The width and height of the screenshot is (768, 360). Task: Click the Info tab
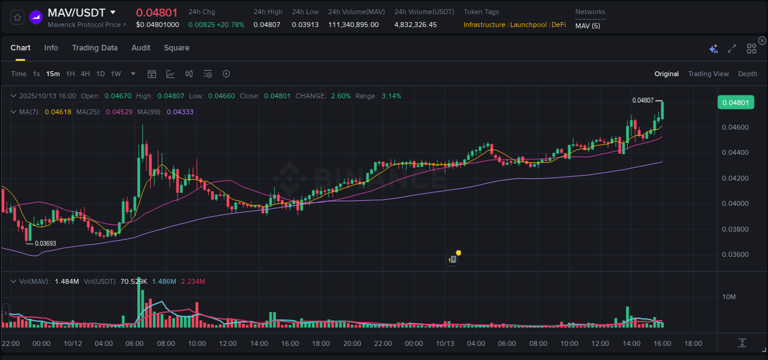click(x=51, y=48)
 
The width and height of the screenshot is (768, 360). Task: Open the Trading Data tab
click(x=95, y=48)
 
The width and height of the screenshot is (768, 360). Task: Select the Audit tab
click(x=141, y=48)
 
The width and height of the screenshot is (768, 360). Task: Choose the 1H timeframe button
click(x=70, y=74)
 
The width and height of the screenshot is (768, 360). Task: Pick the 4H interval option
click(x=85, y=74)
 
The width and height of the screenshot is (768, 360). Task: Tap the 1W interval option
click(x=116, y=74)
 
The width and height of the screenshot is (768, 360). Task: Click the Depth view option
click(x=747, y=74)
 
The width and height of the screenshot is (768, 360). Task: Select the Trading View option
click(x=708, y=74)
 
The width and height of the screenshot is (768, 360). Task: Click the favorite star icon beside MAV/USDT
click(x=17, y=17)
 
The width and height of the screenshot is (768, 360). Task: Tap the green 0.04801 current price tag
click(x=735, y=103)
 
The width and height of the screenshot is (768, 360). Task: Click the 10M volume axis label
click(x=729, y=297)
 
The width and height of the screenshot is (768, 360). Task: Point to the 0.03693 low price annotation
click(x=45, y=243)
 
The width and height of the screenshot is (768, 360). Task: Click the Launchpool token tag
click(x=528, y=25)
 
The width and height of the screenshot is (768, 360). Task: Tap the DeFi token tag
click(x=558, y=25)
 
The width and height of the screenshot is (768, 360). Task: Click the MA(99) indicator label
click(x=149, y=112)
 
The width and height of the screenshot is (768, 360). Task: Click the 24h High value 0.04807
click(x=267, y=25)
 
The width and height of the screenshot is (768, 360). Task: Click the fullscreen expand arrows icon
click(x=732, y=49)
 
